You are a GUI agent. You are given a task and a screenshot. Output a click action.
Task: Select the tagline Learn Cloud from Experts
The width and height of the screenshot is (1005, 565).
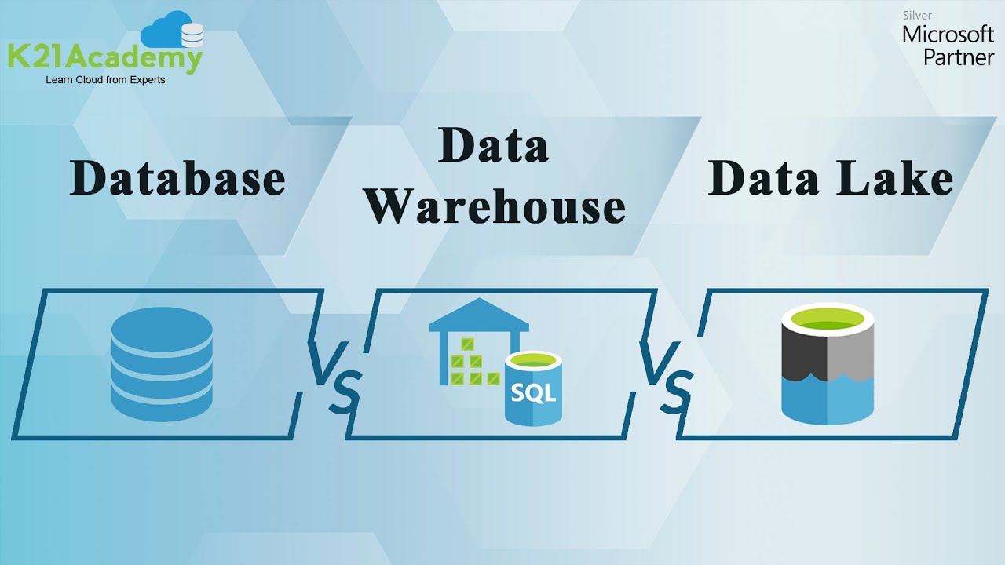[x=105, y=80]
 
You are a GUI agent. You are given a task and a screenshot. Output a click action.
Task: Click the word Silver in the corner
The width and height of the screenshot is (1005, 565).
[x=917, y=16]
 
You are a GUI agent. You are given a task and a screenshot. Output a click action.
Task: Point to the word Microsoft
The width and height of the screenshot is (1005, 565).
[x=948, y=35]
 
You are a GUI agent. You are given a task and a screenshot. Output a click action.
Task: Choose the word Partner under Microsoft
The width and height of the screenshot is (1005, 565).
[x=958, y=56]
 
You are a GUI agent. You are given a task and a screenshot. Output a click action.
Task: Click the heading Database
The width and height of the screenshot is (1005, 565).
[x=177, y=179]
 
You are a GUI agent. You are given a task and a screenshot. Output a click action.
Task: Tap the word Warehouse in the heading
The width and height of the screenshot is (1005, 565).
[x=495, y=206]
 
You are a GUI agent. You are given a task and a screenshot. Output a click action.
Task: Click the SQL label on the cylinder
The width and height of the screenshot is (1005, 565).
[x=532, y=392]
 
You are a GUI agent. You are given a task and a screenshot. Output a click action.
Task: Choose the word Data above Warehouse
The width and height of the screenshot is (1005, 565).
[x=493, y=146]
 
